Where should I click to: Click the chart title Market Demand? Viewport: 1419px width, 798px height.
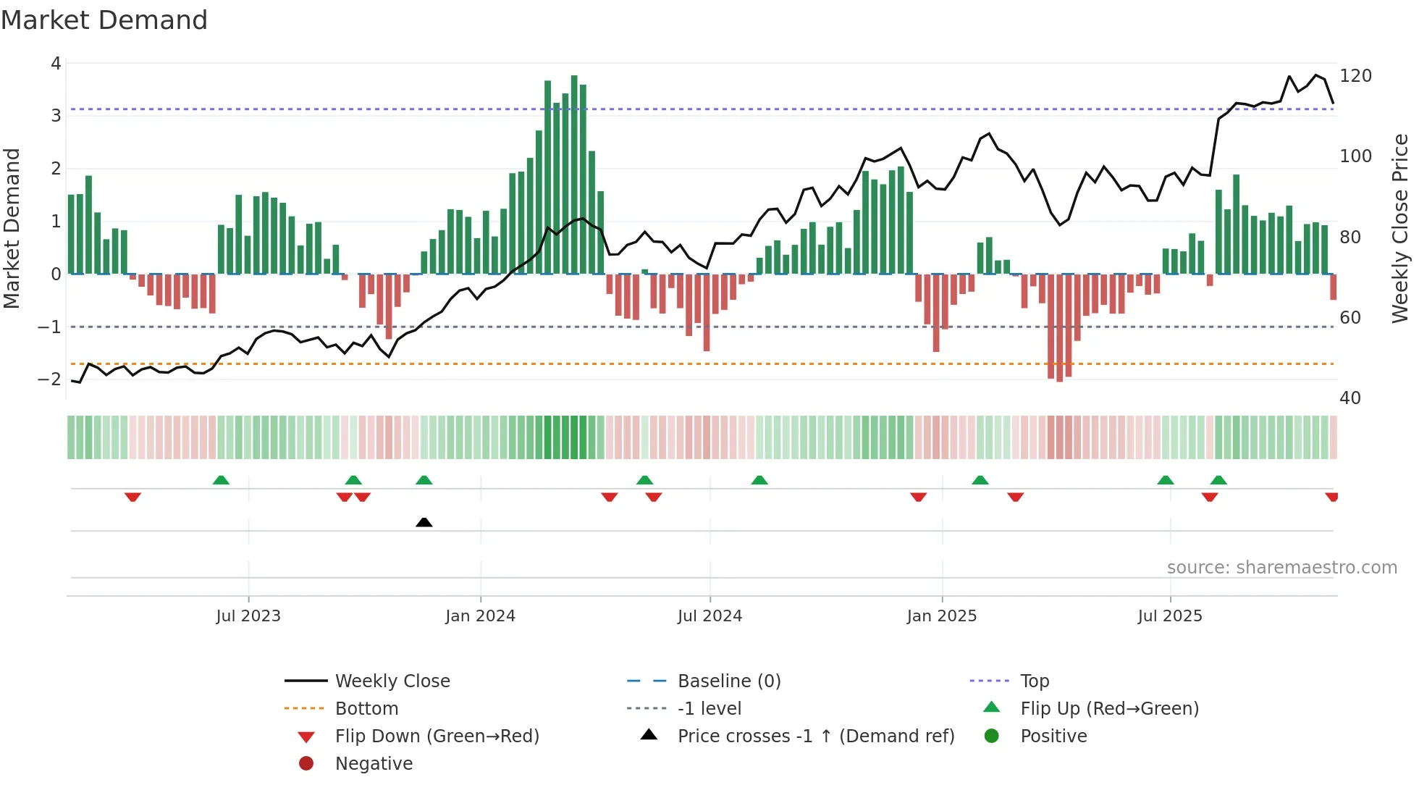[x=104, y=20]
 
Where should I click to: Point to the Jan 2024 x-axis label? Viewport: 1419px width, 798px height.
[x=480, y=616]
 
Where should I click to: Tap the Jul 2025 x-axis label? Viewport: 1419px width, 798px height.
[x=1169, y=616]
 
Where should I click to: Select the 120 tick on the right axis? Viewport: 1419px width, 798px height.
[x=1355, y=76]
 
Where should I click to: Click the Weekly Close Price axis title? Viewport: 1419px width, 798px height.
[x=1400, y=228]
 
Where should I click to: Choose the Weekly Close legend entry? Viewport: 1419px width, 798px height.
[x=392, y=681]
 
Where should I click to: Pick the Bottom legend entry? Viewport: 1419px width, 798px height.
[x=366, y=709]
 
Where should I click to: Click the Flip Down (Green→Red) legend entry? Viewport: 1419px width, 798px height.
[x=437, y=736]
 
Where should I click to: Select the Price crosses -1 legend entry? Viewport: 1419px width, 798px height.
[x=815, y=736]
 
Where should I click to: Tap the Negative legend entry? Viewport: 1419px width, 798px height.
[x=374, y=764]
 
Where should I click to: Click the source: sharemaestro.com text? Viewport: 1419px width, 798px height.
[x=1281, y=568]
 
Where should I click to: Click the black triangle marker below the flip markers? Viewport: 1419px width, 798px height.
[x=424, y=523]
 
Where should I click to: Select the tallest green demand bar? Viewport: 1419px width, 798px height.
[x=574, y=174]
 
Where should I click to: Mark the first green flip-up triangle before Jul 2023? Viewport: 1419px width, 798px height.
[x=221, y=480]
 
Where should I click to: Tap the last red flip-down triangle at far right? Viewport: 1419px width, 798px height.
[x=1331, y=497]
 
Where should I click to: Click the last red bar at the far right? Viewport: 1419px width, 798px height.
[x=1333, y=287]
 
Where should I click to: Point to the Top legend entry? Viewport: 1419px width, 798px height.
[x=1034, y=681]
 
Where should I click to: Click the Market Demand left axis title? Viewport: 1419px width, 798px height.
[x=12, y=228]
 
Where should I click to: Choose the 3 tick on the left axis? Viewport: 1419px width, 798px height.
[x=56, y=116]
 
